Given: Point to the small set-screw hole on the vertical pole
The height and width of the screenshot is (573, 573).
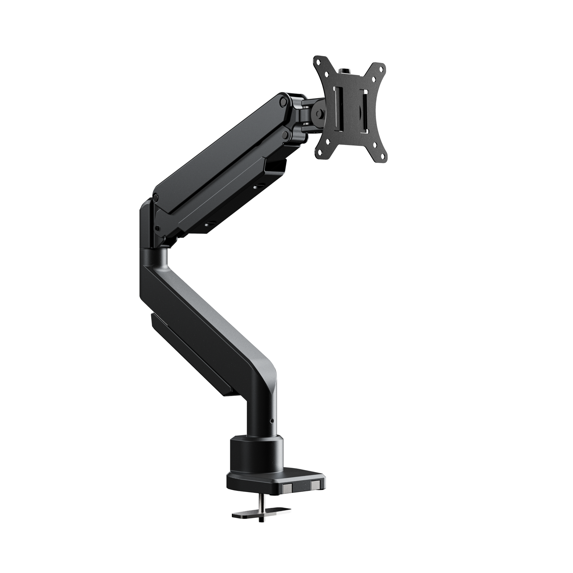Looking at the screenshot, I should [271, 421].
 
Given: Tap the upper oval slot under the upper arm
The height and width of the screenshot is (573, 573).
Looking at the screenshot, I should [261, 186].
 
